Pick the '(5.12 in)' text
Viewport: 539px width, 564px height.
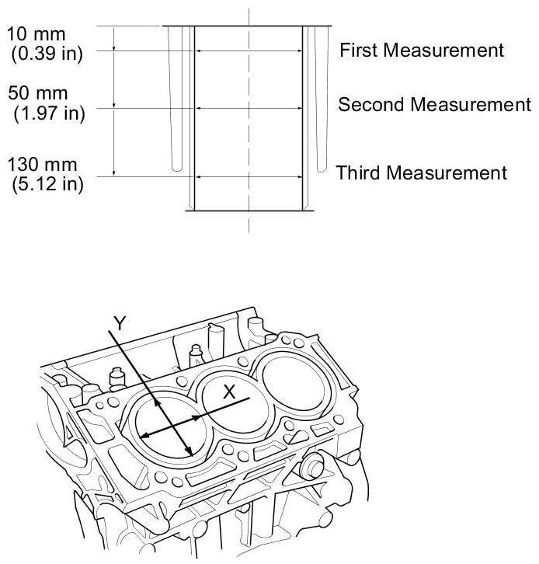coord(48,184)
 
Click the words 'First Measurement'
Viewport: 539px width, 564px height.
coord(423,50)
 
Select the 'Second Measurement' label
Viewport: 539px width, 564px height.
coord(434,104)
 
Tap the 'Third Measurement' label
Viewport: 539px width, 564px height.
coord(422,172)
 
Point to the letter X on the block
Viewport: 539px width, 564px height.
coord(229,392)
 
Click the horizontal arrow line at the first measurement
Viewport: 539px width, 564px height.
coord(249,51)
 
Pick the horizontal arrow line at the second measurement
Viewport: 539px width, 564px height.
coord(249,107)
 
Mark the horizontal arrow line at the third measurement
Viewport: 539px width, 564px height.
coord(249,176)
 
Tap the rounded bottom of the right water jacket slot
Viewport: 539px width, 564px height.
coord(320,166)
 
